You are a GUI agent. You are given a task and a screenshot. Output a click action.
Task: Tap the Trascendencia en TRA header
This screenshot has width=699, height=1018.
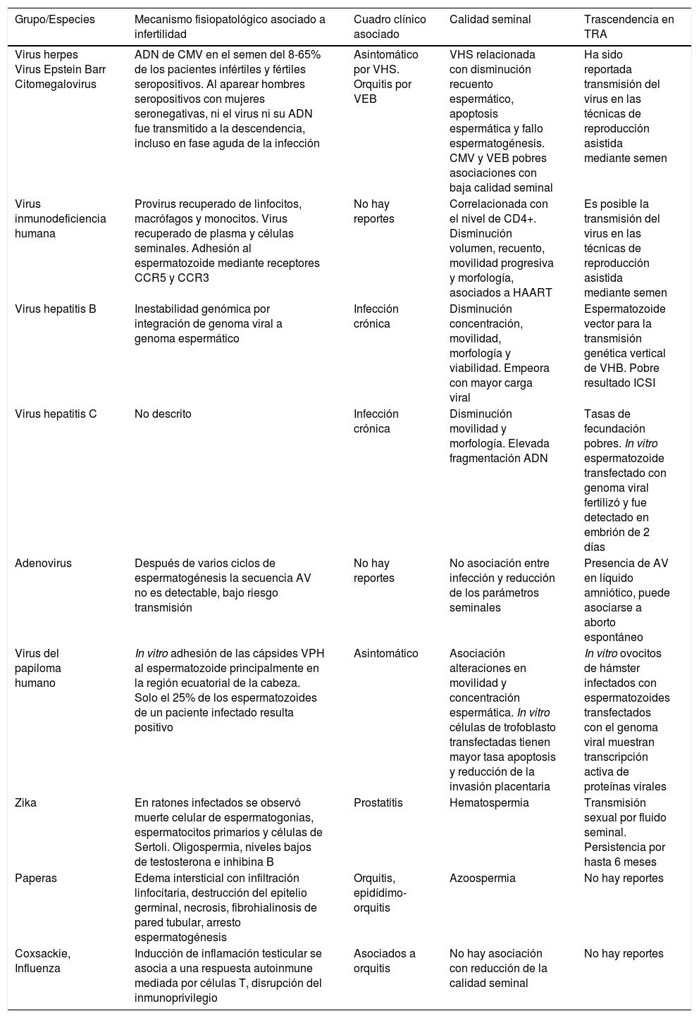pos(629,27)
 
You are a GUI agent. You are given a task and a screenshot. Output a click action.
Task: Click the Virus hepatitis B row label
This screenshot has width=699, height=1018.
pos(56,309)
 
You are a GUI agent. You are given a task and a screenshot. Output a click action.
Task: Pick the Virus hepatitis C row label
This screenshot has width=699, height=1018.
pos(56,414)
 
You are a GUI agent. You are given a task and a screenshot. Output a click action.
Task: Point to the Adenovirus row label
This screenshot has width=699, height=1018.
pos(43,563)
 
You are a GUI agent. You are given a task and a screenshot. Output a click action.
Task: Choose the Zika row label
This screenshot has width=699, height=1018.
pos(26,802)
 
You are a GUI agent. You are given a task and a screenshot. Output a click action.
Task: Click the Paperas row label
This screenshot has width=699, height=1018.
pos(36,878)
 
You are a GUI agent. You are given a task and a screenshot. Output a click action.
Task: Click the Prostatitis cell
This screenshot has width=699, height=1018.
pos(381,802)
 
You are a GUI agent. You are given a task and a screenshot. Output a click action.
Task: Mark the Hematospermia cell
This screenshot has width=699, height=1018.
pos(489,802)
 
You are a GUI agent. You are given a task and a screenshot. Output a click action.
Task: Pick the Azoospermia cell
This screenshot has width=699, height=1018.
pos(482,878)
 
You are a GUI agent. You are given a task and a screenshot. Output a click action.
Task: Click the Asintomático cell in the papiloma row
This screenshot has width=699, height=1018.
pos(385,653)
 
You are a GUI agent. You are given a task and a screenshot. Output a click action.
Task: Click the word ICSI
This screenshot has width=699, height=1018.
pos(652,383)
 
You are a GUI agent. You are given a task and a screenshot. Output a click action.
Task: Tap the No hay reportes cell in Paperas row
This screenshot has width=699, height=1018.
pos(624,878)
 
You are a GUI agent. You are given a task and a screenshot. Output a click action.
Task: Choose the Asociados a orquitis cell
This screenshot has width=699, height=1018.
pos(384,960)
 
